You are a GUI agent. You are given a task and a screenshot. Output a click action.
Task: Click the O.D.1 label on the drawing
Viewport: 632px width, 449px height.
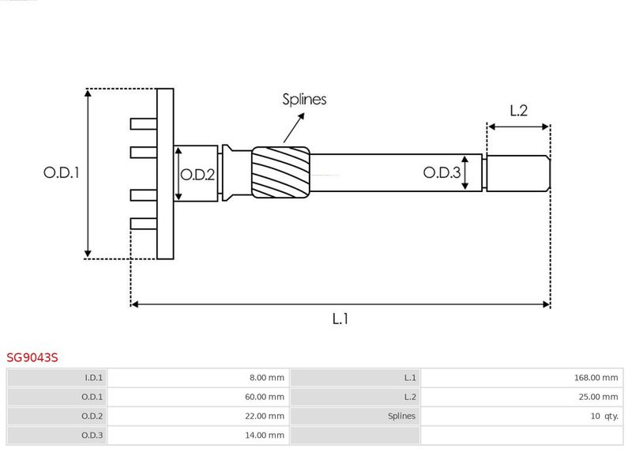62,172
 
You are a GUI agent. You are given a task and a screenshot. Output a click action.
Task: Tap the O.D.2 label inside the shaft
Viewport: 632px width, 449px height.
197,175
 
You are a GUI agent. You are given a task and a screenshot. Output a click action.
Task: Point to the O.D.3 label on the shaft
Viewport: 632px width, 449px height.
442,172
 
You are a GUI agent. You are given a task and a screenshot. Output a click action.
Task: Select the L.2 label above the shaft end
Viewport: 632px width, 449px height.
518,111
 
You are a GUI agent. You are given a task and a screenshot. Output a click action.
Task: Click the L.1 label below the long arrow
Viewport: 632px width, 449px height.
340,319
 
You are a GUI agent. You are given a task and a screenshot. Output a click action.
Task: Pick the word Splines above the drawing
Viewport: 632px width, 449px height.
304,100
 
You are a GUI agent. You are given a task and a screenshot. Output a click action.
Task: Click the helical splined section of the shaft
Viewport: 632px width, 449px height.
281,172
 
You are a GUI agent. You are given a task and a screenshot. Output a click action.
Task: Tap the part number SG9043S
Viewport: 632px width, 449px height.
32,357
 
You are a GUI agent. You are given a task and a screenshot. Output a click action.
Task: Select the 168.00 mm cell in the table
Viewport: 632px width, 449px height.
596,378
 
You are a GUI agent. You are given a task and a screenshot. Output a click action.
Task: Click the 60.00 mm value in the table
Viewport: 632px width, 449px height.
265,397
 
